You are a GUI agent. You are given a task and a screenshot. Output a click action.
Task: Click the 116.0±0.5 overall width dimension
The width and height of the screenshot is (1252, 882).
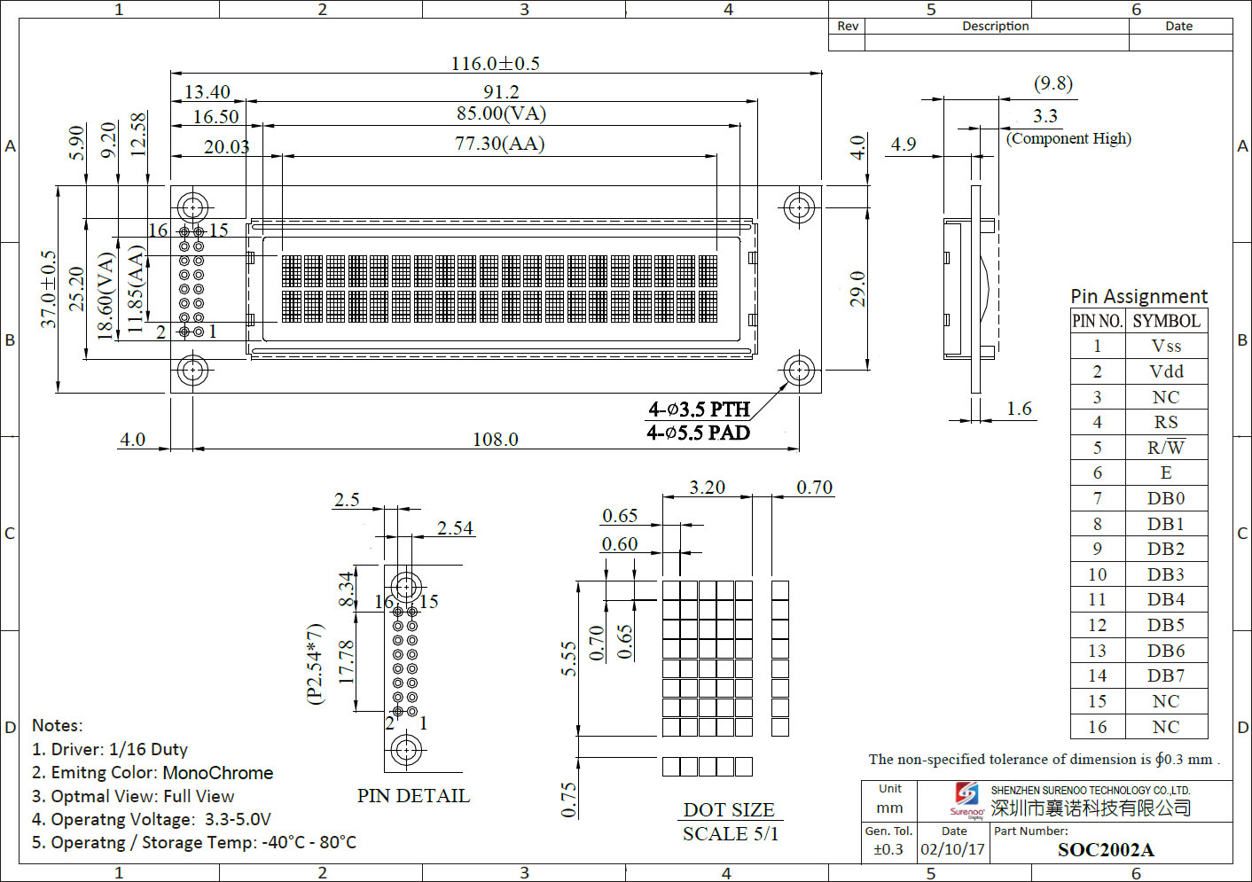click(x=495, y=64)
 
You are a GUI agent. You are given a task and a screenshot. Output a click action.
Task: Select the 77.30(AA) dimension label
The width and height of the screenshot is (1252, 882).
click(x=500, y=144)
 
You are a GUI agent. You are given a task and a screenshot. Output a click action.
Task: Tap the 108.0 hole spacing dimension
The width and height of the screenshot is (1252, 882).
click(x=495, y=440)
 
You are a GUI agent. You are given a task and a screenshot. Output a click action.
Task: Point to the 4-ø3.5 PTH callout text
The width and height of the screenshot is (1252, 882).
click(x=699, y=410)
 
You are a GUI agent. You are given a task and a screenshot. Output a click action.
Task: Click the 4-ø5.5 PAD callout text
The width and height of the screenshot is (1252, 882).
click(x=698, y=433)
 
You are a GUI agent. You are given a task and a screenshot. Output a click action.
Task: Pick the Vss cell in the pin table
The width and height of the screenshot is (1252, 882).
click(x=1166, y=346)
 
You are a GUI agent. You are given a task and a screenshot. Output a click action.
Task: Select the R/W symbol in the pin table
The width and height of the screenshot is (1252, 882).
click(x=1166, y=447)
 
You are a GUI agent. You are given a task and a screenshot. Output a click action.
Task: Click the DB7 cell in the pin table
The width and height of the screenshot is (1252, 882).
click(x=1166, y=675)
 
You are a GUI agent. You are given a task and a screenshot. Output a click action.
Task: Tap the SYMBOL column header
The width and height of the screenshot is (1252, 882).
click(x=1167, y=321)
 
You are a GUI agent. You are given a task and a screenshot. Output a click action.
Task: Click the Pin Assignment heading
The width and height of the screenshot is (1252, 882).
click(x=1139, y=296)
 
